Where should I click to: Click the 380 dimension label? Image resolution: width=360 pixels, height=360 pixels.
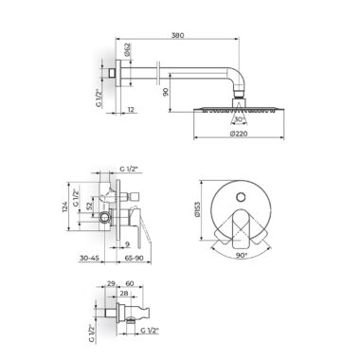coord(177,35)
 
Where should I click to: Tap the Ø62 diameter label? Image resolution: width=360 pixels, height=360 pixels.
coord(127,49)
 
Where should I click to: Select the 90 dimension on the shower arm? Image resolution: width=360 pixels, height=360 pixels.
coord(166,92)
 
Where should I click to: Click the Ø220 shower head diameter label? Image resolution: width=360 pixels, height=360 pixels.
coord(239,134)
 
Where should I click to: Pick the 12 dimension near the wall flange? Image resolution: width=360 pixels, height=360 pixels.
coord(131,110)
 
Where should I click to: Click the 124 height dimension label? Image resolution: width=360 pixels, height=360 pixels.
coord(64,207)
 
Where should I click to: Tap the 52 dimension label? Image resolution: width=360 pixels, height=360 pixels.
coord(89,207)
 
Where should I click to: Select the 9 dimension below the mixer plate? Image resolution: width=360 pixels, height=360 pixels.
coord(127,243)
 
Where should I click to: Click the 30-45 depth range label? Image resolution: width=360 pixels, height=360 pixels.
coord(89,258)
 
